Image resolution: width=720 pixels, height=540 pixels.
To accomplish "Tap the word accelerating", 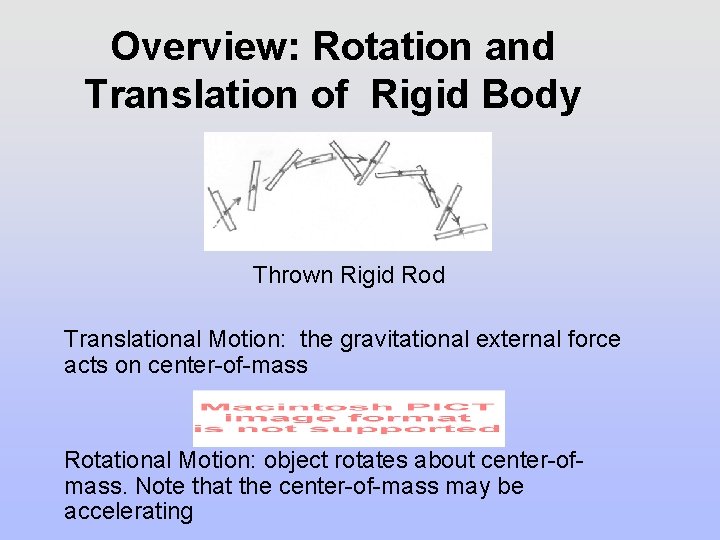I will [x=128, y=512].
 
